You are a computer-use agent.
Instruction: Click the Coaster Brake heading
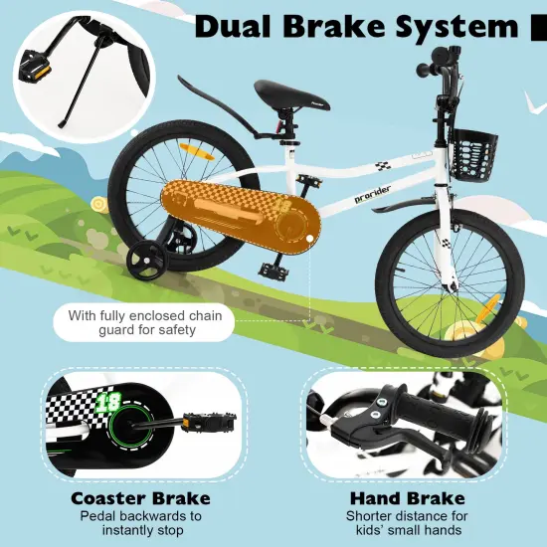[x=140, y=497]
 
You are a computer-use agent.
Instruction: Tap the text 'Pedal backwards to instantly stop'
[x=140, y=523]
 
